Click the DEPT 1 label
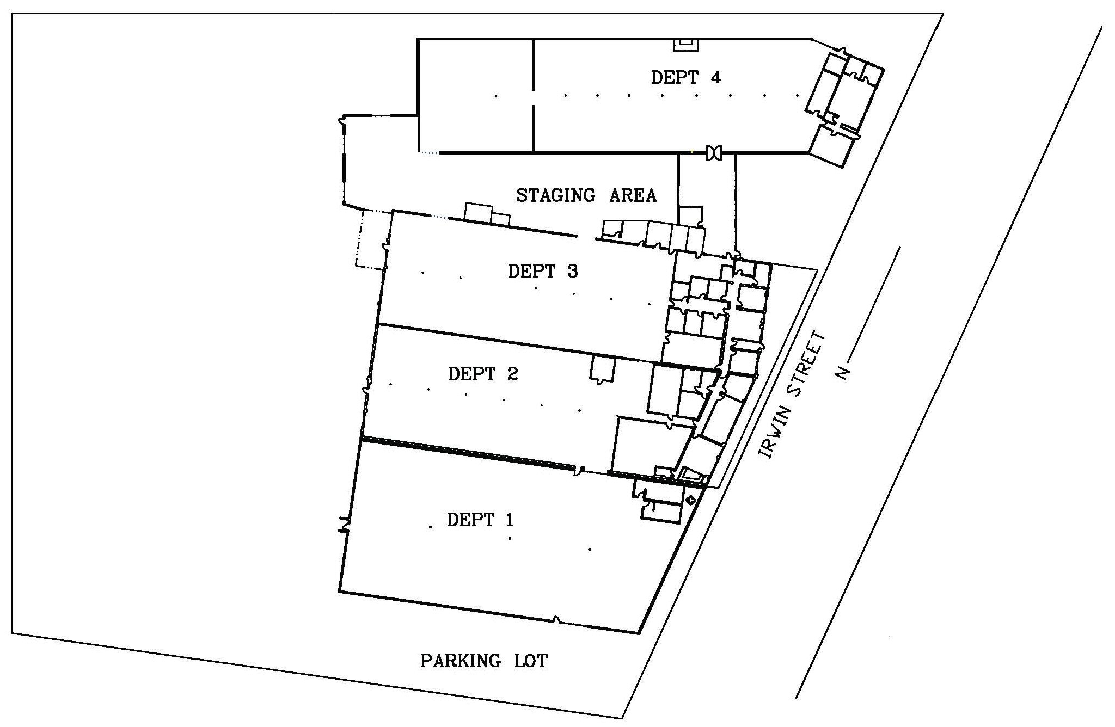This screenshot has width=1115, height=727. click(480, 520)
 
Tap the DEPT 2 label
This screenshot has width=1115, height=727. click(482, 374)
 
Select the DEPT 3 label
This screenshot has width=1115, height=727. click(542, 270)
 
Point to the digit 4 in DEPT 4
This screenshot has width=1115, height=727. click(715, 78)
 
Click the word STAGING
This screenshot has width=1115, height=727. click(555, 195)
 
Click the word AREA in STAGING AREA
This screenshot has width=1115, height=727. click(633, 195)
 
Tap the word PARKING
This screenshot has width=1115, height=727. click(460, 661)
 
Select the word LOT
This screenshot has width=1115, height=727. click(530, 661)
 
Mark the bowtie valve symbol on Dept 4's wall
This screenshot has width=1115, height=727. click(713, 153)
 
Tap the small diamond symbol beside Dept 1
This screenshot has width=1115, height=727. click(691, 500)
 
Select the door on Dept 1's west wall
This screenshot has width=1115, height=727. click(344, 525)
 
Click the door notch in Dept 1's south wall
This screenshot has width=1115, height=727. click(556, 620)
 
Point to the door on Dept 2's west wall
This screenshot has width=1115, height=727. click(366, 393)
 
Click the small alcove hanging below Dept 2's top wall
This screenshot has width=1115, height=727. click(602, 369)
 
